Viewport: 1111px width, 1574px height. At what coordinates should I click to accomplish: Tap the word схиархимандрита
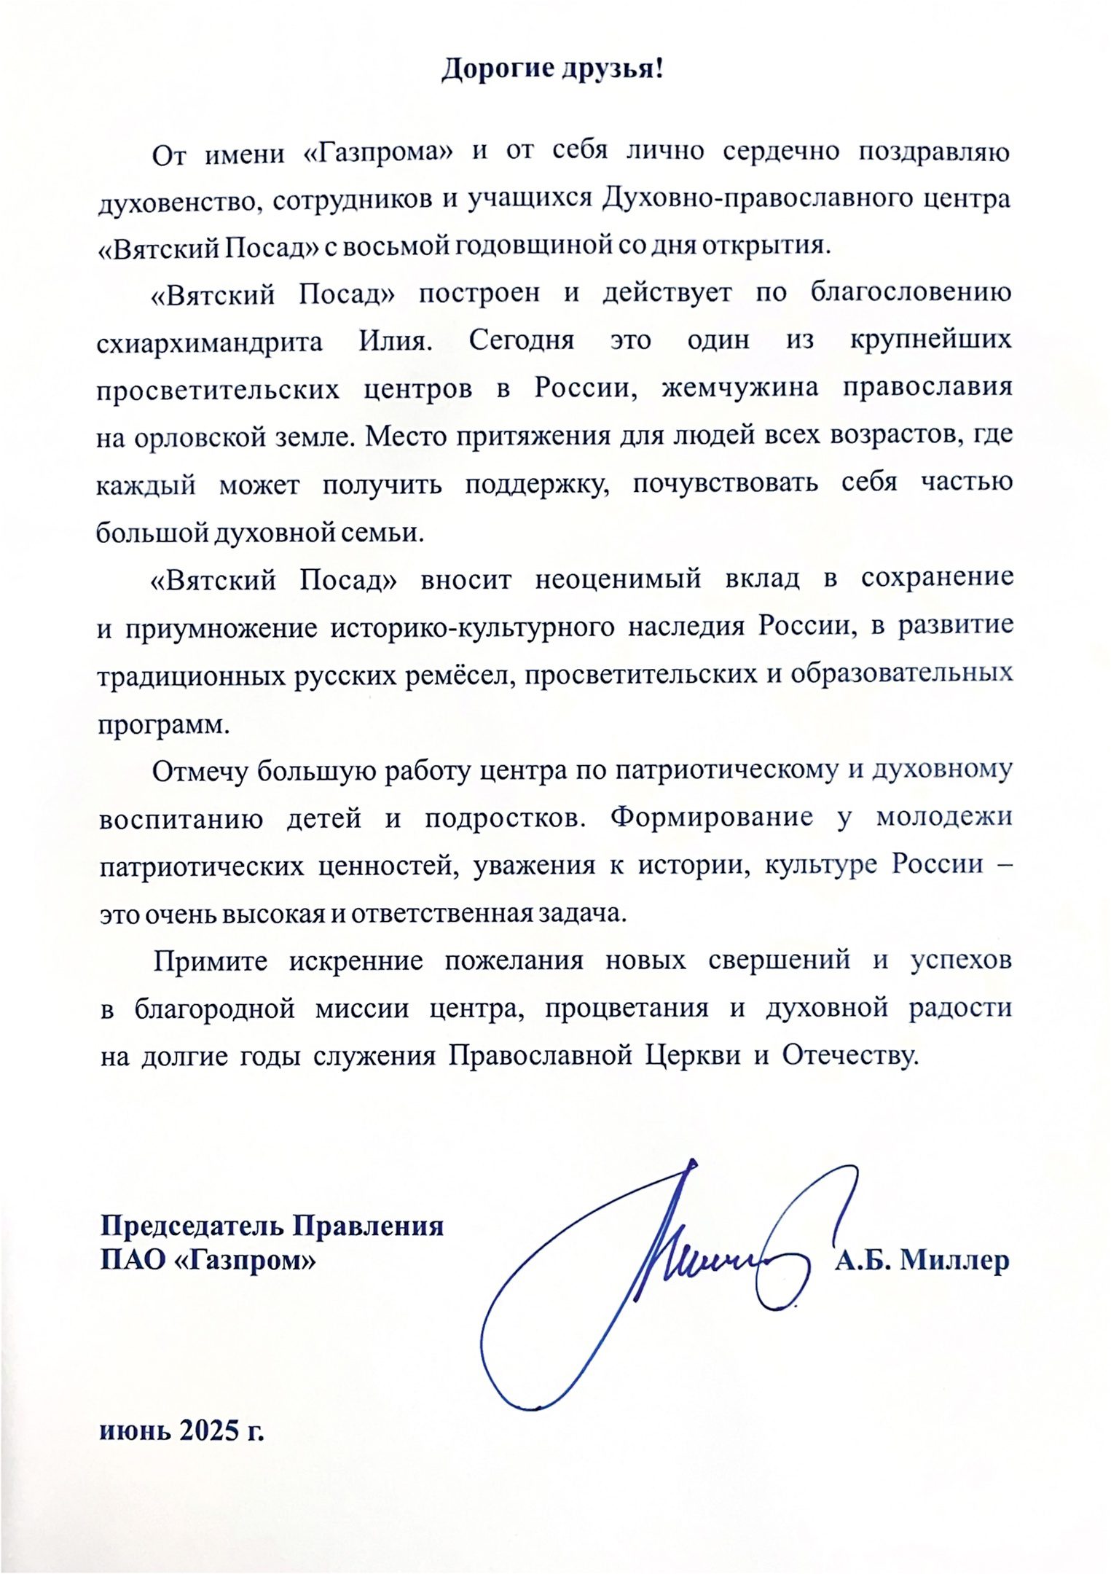pos(210,342)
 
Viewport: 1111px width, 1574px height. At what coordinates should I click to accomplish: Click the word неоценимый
pos(618,580)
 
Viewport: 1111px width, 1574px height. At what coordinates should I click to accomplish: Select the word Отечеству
pos(848,1057)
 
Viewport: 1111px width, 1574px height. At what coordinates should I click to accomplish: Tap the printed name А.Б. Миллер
pos(922,1261)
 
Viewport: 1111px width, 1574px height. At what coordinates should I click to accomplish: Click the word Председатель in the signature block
pos(192,1226)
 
